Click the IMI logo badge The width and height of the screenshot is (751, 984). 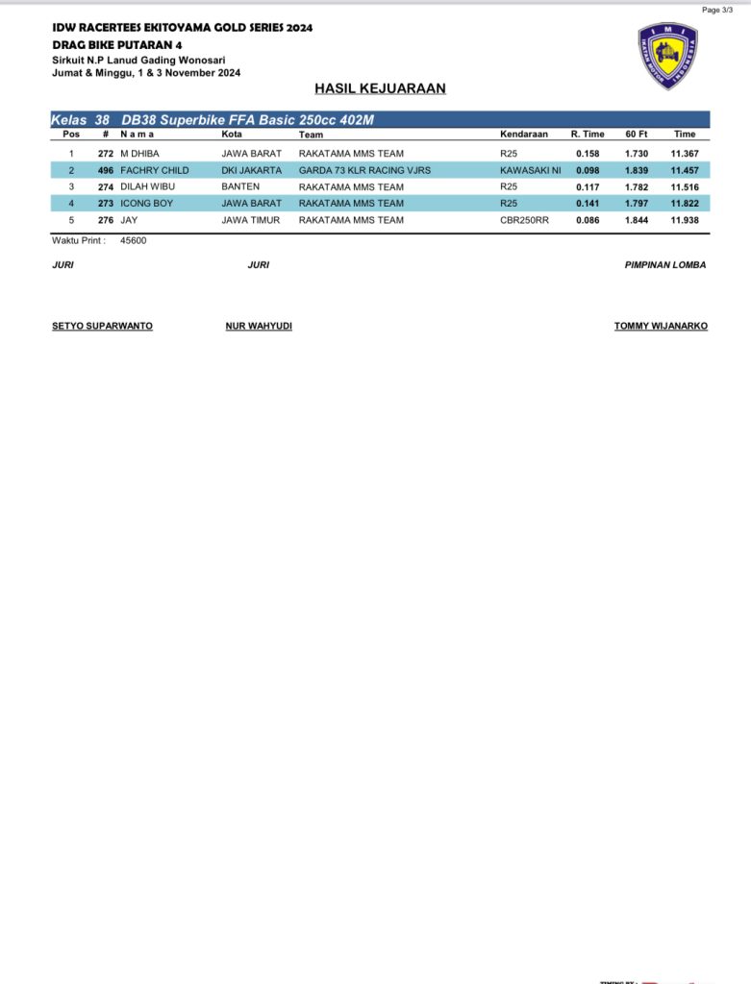pos(667,56)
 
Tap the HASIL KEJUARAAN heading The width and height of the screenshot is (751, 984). pos(380,89)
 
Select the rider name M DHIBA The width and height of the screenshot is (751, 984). pos(140,154)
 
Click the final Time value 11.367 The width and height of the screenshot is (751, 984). pos(685,154)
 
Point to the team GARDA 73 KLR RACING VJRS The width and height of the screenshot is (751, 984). pos(364,170)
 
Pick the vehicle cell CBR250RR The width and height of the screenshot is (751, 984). pos(524,220)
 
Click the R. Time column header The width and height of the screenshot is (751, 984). pos(588,135)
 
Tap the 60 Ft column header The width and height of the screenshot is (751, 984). pos(636,135)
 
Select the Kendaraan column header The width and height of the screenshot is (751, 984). pos(524,135)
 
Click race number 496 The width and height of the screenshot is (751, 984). pos(106,170)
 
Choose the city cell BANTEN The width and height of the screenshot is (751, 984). pos(240,186)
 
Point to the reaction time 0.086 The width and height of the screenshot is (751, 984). pos(588,220)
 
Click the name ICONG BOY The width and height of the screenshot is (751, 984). pos(146,204)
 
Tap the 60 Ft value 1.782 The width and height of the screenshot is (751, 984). pos(636,186)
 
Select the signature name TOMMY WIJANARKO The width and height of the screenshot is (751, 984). pos(661,327)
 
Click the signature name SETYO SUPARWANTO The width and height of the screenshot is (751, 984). pos(102,327)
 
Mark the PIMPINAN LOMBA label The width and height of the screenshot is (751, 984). pos(665,265)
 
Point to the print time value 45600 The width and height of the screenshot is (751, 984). pos(134,241)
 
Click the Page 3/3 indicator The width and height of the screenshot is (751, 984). pos(717,10)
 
